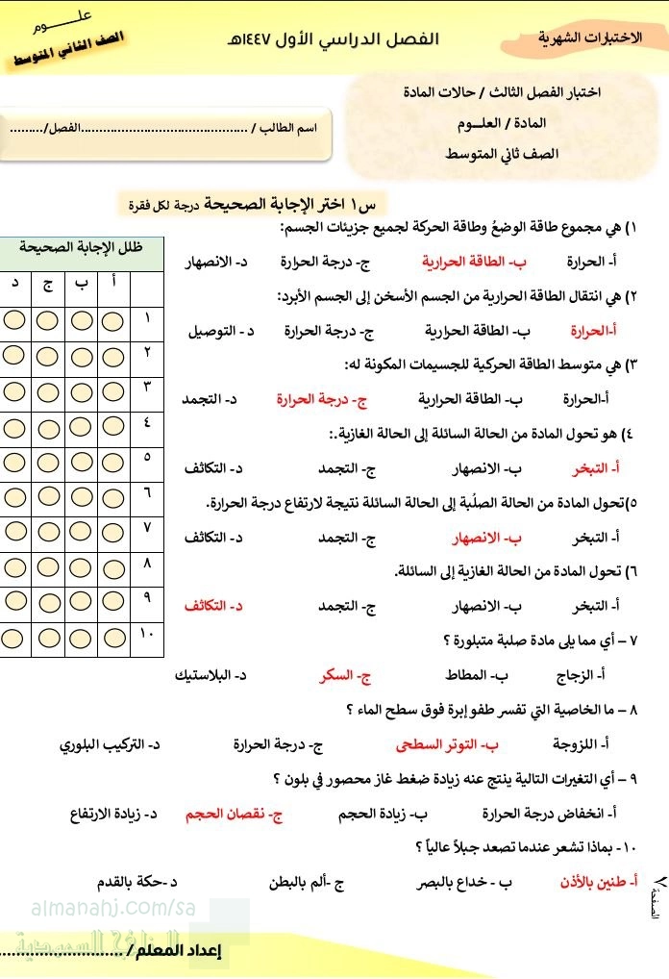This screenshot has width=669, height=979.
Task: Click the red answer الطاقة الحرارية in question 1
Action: pyautogui.click(x=460, y=262)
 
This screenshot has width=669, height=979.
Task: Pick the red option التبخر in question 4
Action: pyautogui.click(x=601, y=468)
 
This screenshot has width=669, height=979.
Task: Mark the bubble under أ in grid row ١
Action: pyautogui.click(x=113, y=319)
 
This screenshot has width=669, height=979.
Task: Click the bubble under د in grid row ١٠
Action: pyautogui.click(x=13, y=638)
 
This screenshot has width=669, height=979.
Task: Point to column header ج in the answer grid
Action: pyautogui.click(x=47, y=284)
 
